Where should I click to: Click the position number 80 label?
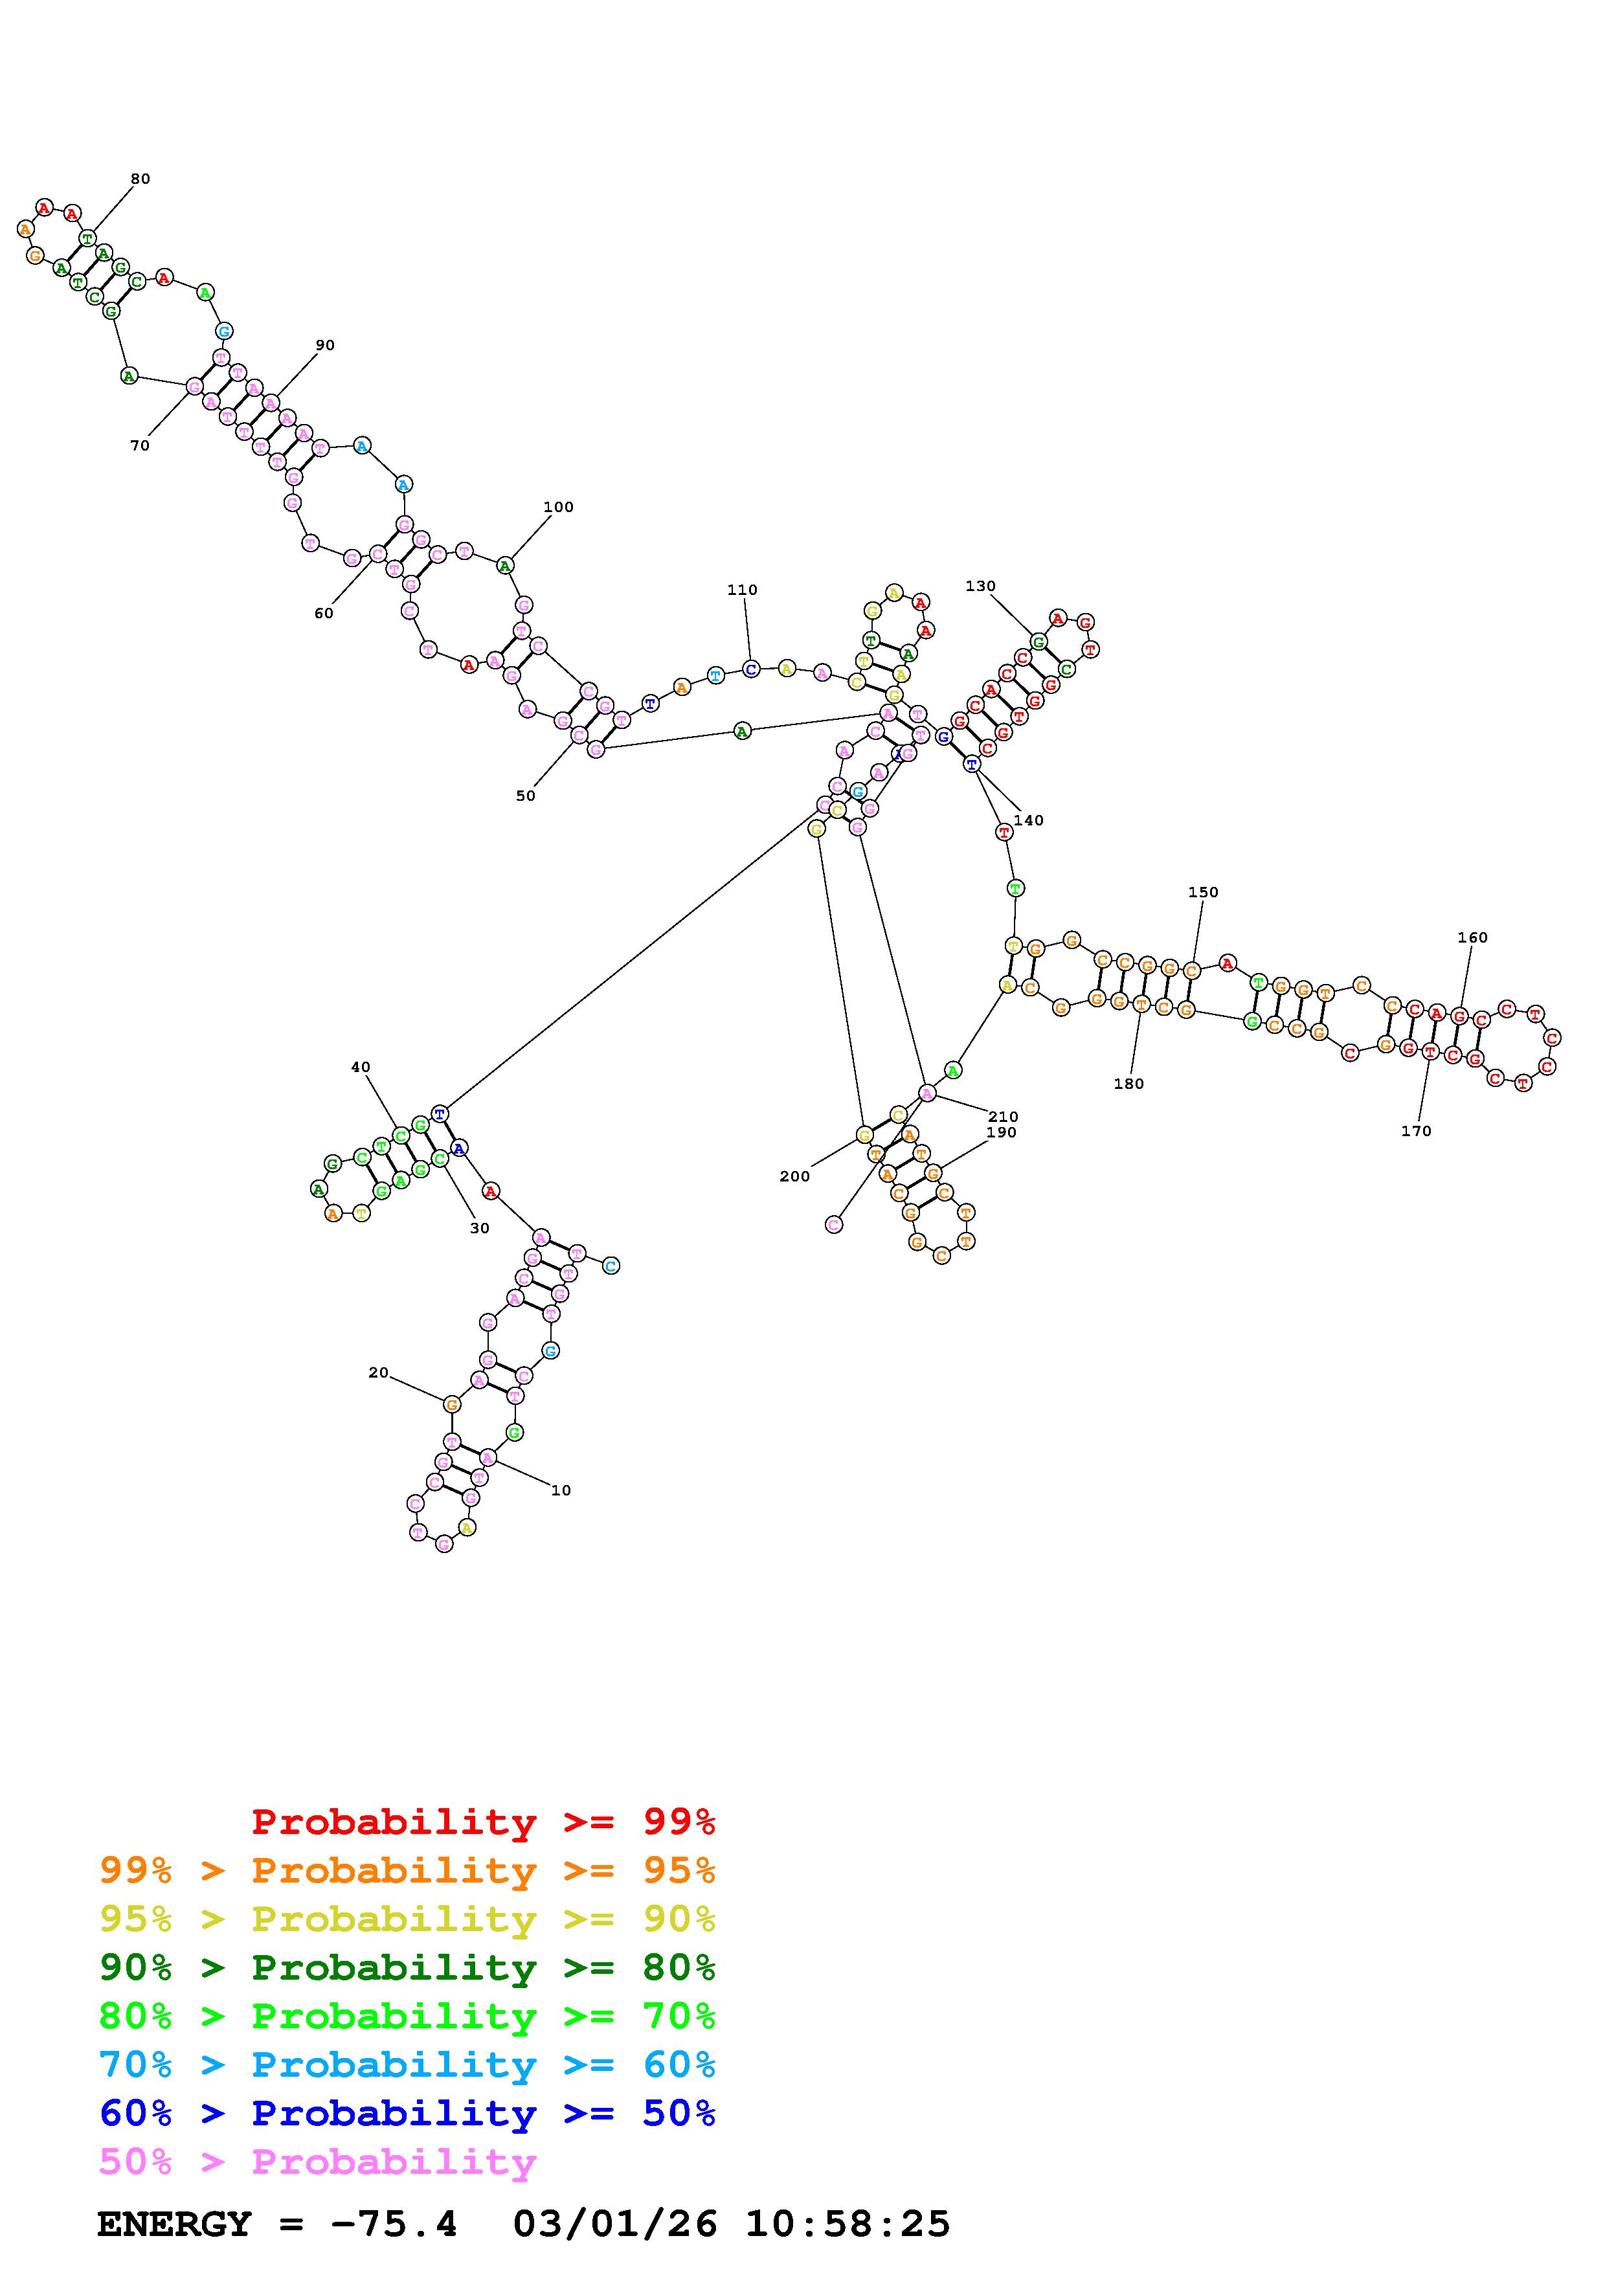(140, 179)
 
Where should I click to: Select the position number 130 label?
(980, 587)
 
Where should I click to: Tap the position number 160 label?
(1472, 937)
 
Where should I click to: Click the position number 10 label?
(561, 1491)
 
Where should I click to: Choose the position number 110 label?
(742, 590)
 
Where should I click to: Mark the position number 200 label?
(794, 1176)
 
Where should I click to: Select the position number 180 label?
(1128, 1084)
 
